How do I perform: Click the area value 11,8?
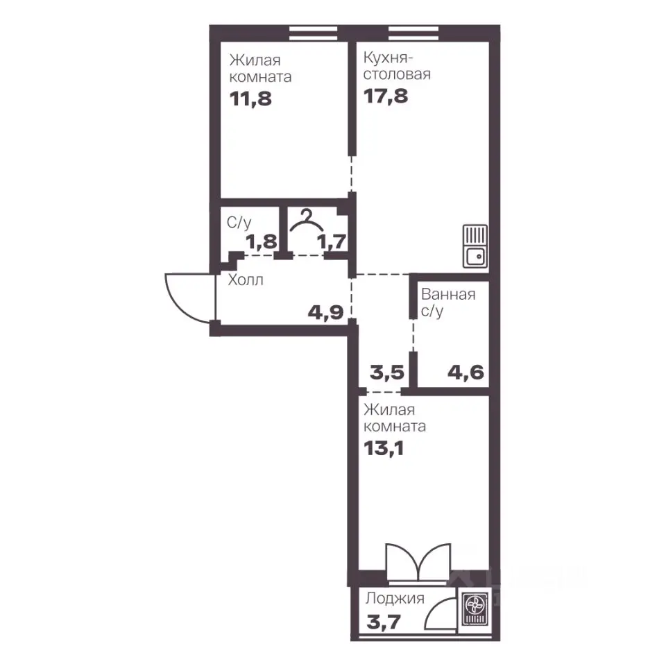[250, 99]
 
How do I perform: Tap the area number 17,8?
[386, 96]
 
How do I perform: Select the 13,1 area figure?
[384, 448]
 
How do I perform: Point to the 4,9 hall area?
[326, 313]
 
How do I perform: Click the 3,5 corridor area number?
[387, 373]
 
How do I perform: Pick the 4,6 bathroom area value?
[466, 373]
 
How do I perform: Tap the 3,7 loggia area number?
[384, 623]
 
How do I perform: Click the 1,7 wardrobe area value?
[332, 242]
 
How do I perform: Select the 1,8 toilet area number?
[262, 242]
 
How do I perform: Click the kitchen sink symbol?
[475, 246]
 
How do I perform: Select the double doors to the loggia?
[418, 561]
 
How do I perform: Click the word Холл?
[246, 280]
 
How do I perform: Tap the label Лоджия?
[395, 599]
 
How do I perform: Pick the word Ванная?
[448, 294]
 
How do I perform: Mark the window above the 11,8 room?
[314, 33]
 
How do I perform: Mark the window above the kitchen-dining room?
[413, 33]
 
